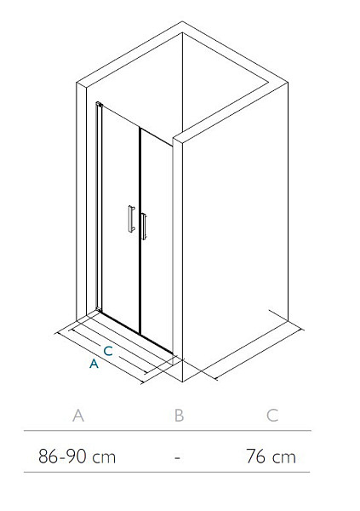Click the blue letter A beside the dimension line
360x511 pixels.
click(x=94, y=364)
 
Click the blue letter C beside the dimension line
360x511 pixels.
click(x=108, y=351)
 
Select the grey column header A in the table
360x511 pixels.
click(x=78, y=416)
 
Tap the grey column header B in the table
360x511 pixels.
click(x=180, y=416)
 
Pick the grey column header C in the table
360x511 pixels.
click(x=272, y=416)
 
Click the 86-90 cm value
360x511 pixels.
click(x=77, y=456)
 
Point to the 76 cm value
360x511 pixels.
click(x=271, y=456)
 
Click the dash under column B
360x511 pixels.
click(x=177, y=457)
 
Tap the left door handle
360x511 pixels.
click(x=131, y=218)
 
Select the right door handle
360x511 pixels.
click(x=144, y=227)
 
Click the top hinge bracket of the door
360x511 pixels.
click(x=100, y=104)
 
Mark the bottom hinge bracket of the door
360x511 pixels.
click(x=99, y=308)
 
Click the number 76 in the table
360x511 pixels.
click(x=256, y=456)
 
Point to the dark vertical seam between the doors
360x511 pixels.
click(x=140, y=231)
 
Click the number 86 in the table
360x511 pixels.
click(x=49, y=456)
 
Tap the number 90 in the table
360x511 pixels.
click(x=77, y=456)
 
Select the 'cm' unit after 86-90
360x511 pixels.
click(x=104, y=457)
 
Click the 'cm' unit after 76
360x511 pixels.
click(x=284, y=457)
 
